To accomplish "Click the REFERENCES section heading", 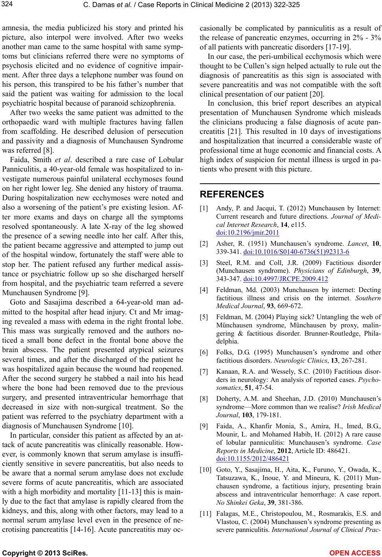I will click(x=232, y=194).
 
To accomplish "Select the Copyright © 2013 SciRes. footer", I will click(x=45, y=553).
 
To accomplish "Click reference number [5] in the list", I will click(x=204, y=317).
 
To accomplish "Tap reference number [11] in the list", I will click(x=206, y=513).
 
